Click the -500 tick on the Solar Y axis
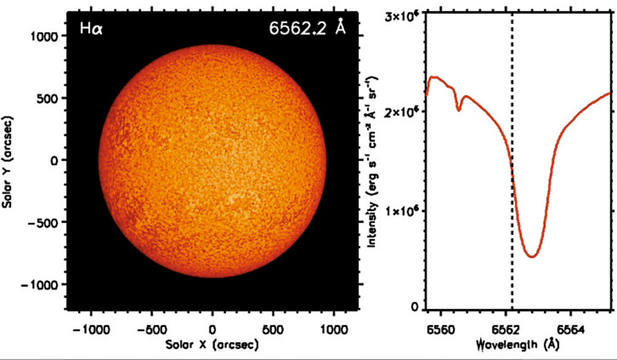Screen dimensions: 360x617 pos(44,222)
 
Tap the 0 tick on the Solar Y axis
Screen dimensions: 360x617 pos(54,160)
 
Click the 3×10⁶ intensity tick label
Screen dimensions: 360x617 pos(404,14)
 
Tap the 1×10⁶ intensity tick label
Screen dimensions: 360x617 pos(404,211)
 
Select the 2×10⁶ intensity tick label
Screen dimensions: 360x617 pos(404,112)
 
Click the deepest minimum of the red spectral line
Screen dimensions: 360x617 pos(532,256)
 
